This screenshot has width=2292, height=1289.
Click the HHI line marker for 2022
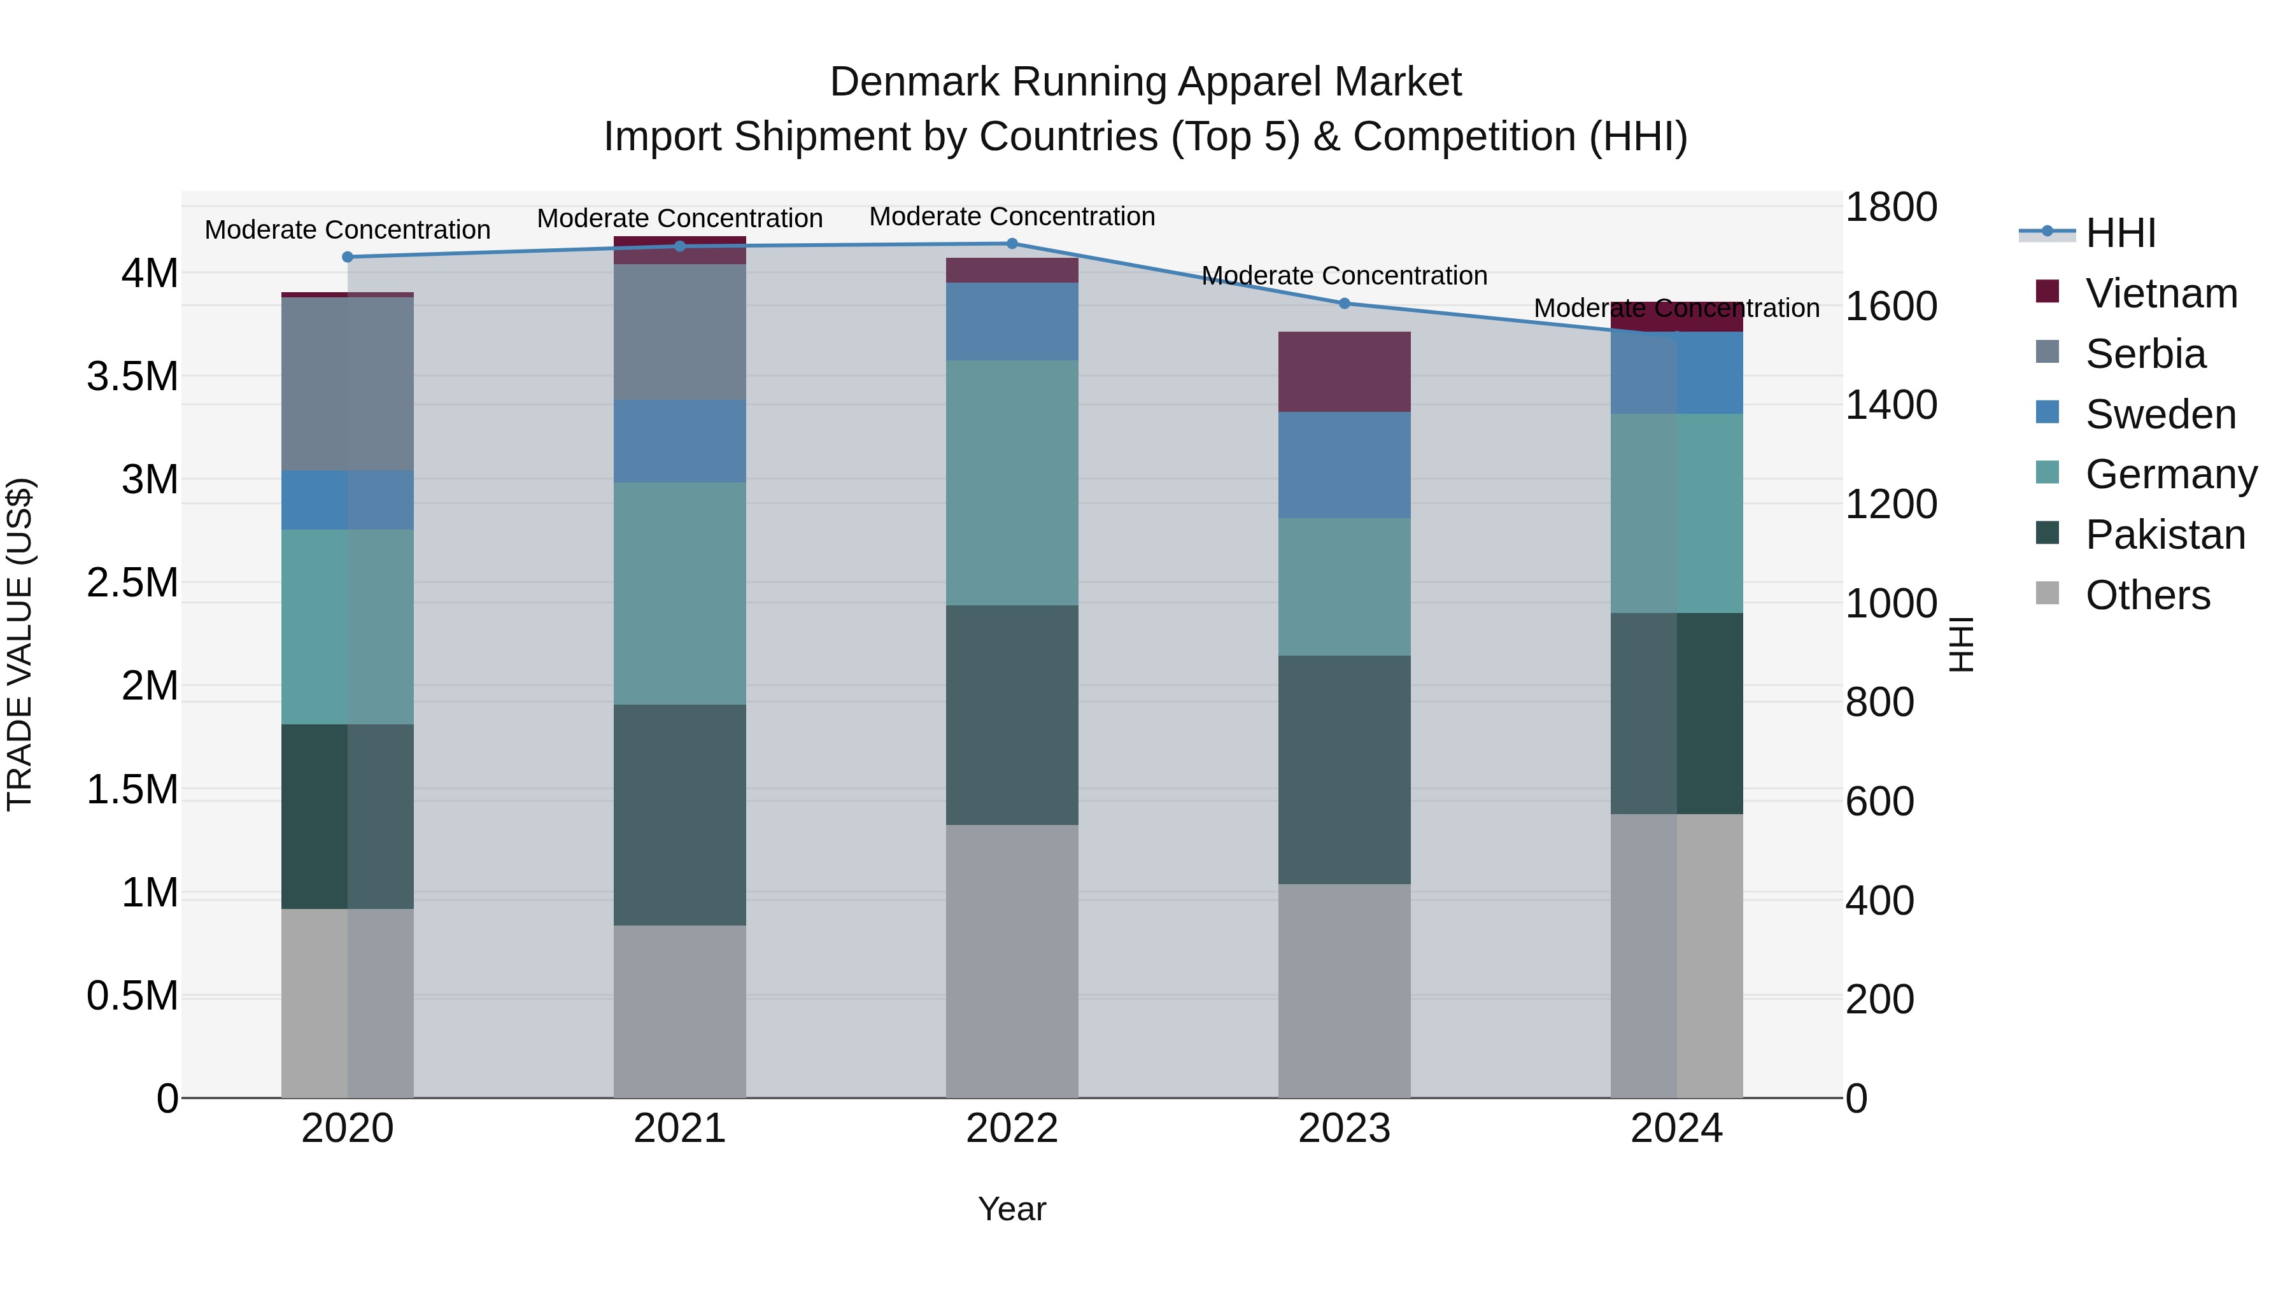tap(1012, 244)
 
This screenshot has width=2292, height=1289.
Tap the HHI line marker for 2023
tap(1345, 304)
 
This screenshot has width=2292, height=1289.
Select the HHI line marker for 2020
tap(348, 257)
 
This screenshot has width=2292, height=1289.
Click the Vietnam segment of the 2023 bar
tap(1345, 372)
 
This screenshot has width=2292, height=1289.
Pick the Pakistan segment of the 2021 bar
tap(680, 815)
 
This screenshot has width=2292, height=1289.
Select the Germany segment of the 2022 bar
tap(1012, 483)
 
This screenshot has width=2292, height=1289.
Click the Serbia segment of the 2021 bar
tap(680, 332)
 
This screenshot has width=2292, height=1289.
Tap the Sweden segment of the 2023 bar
tap(1345, 465)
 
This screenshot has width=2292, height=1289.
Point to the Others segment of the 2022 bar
tap(1012, 961)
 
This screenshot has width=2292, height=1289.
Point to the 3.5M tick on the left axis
tap(132, 376)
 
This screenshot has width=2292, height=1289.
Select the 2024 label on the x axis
tap(1676, 1129)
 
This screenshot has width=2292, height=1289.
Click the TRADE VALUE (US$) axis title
tap(20, 644)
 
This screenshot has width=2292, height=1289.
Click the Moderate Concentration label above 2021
tap(680, 218)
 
